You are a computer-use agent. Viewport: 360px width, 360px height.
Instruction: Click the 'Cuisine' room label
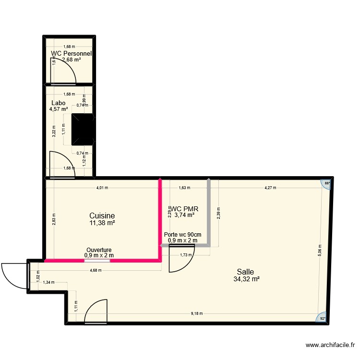click(x=102, y=216)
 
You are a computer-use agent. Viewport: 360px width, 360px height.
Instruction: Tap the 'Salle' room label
click(x=244, y=272)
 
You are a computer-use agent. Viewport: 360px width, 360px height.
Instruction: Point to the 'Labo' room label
click(x=58, y=103)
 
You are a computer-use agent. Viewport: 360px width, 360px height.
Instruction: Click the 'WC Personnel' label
click(x=71, y=54)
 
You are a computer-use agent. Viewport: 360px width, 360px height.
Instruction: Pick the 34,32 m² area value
click(x=247, y=279)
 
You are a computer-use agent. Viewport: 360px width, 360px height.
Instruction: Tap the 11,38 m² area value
click(x=102, y=223)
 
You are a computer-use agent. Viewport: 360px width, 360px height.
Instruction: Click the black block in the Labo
click(x=83, y=129)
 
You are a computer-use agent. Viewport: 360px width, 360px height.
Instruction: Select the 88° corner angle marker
click(x=327, y=183)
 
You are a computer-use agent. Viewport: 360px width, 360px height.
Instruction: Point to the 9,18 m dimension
click(x=196, y=313)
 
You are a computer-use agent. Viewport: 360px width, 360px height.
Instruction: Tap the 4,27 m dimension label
click(x=270, y=188)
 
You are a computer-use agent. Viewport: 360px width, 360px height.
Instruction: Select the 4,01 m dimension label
click(x=102, y=188)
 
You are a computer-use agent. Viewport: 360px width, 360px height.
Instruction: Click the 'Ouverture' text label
click(x=99, y=250)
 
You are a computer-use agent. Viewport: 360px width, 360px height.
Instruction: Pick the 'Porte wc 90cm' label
click(x=182, y=235)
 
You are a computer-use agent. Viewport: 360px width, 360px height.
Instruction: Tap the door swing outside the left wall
click(x=13, y=276)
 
